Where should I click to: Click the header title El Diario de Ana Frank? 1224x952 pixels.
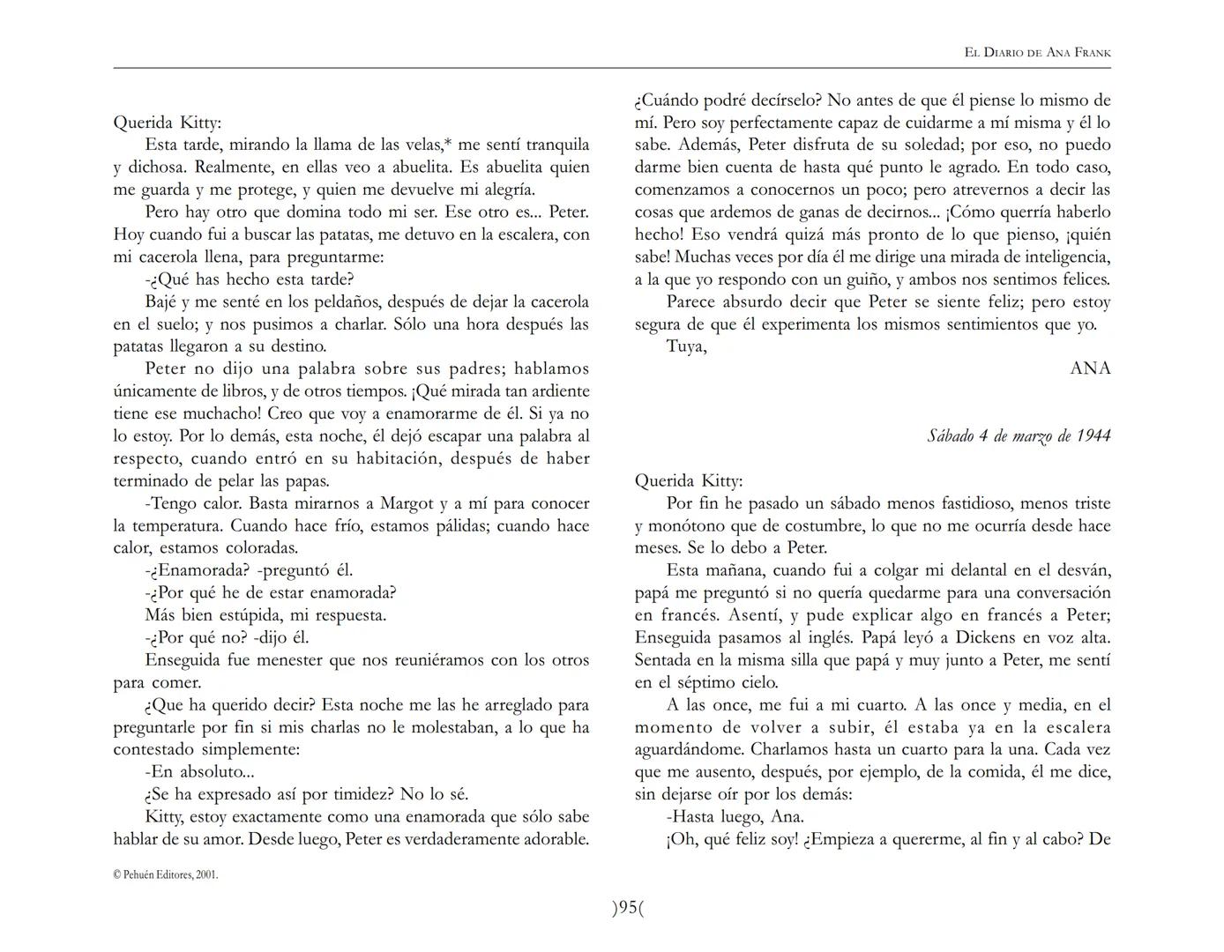pyautogui.click(x=1037, y=53)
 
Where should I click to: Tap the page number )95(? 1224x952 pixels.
pyautogui.click(x=628, y=907)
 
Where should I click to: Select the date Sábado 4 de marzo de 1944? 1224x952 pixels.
pyautogui.click(x=1019, y=435)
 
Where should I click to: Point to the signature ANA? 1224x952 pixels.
pyautogui.click(x=1090, y=368)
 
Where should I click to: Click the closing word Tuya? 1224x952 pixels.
pyautogui.click(x=686, y=346)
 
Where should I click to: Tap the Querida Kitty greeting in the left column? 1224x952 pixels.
pyautogui.click(x=168, y=123)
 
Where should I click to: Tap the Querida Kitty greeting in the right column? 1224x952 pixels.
pyautogui.click(x=689, y=480)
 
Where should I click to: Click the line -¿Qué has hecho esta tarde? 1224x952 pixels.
pyautogui.click(x=250, y=279)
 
